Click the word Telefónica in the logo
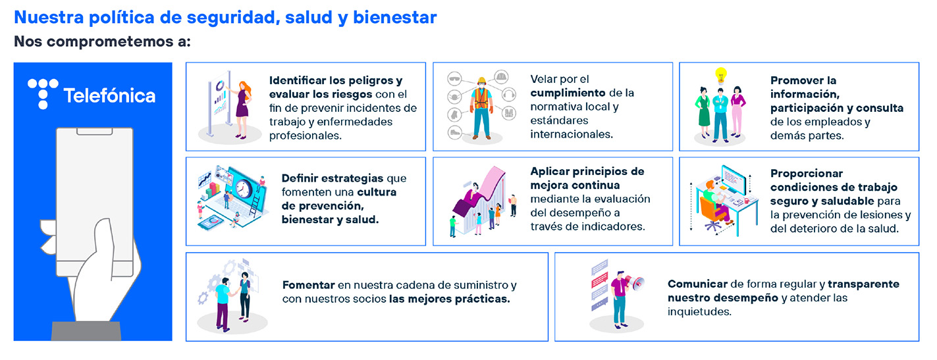(x=109, y=95)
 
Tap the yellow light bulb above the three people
(x=720, y=76)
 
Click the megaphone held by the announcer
(x=636, y=282)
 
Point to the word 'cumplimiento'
(x=568, y=93)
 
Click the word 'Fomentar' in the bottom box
(x=308, y=285)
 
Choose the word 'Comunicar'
(x=697, y=284)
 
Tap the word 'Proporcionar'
(x=807, y=174)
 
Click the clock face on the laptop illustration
(x=242, y=189)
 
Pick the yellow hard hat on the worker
(x=481, y=81)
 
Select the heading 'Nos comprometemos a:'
(x=103, y=42)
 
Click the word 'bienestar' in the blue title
(x=394, y=18)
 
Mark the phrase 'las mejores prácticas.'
(x=449, y=299)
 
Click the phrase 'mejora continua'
(x=575, y=185)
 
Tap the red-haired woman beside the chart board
(x=243, y=109)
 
